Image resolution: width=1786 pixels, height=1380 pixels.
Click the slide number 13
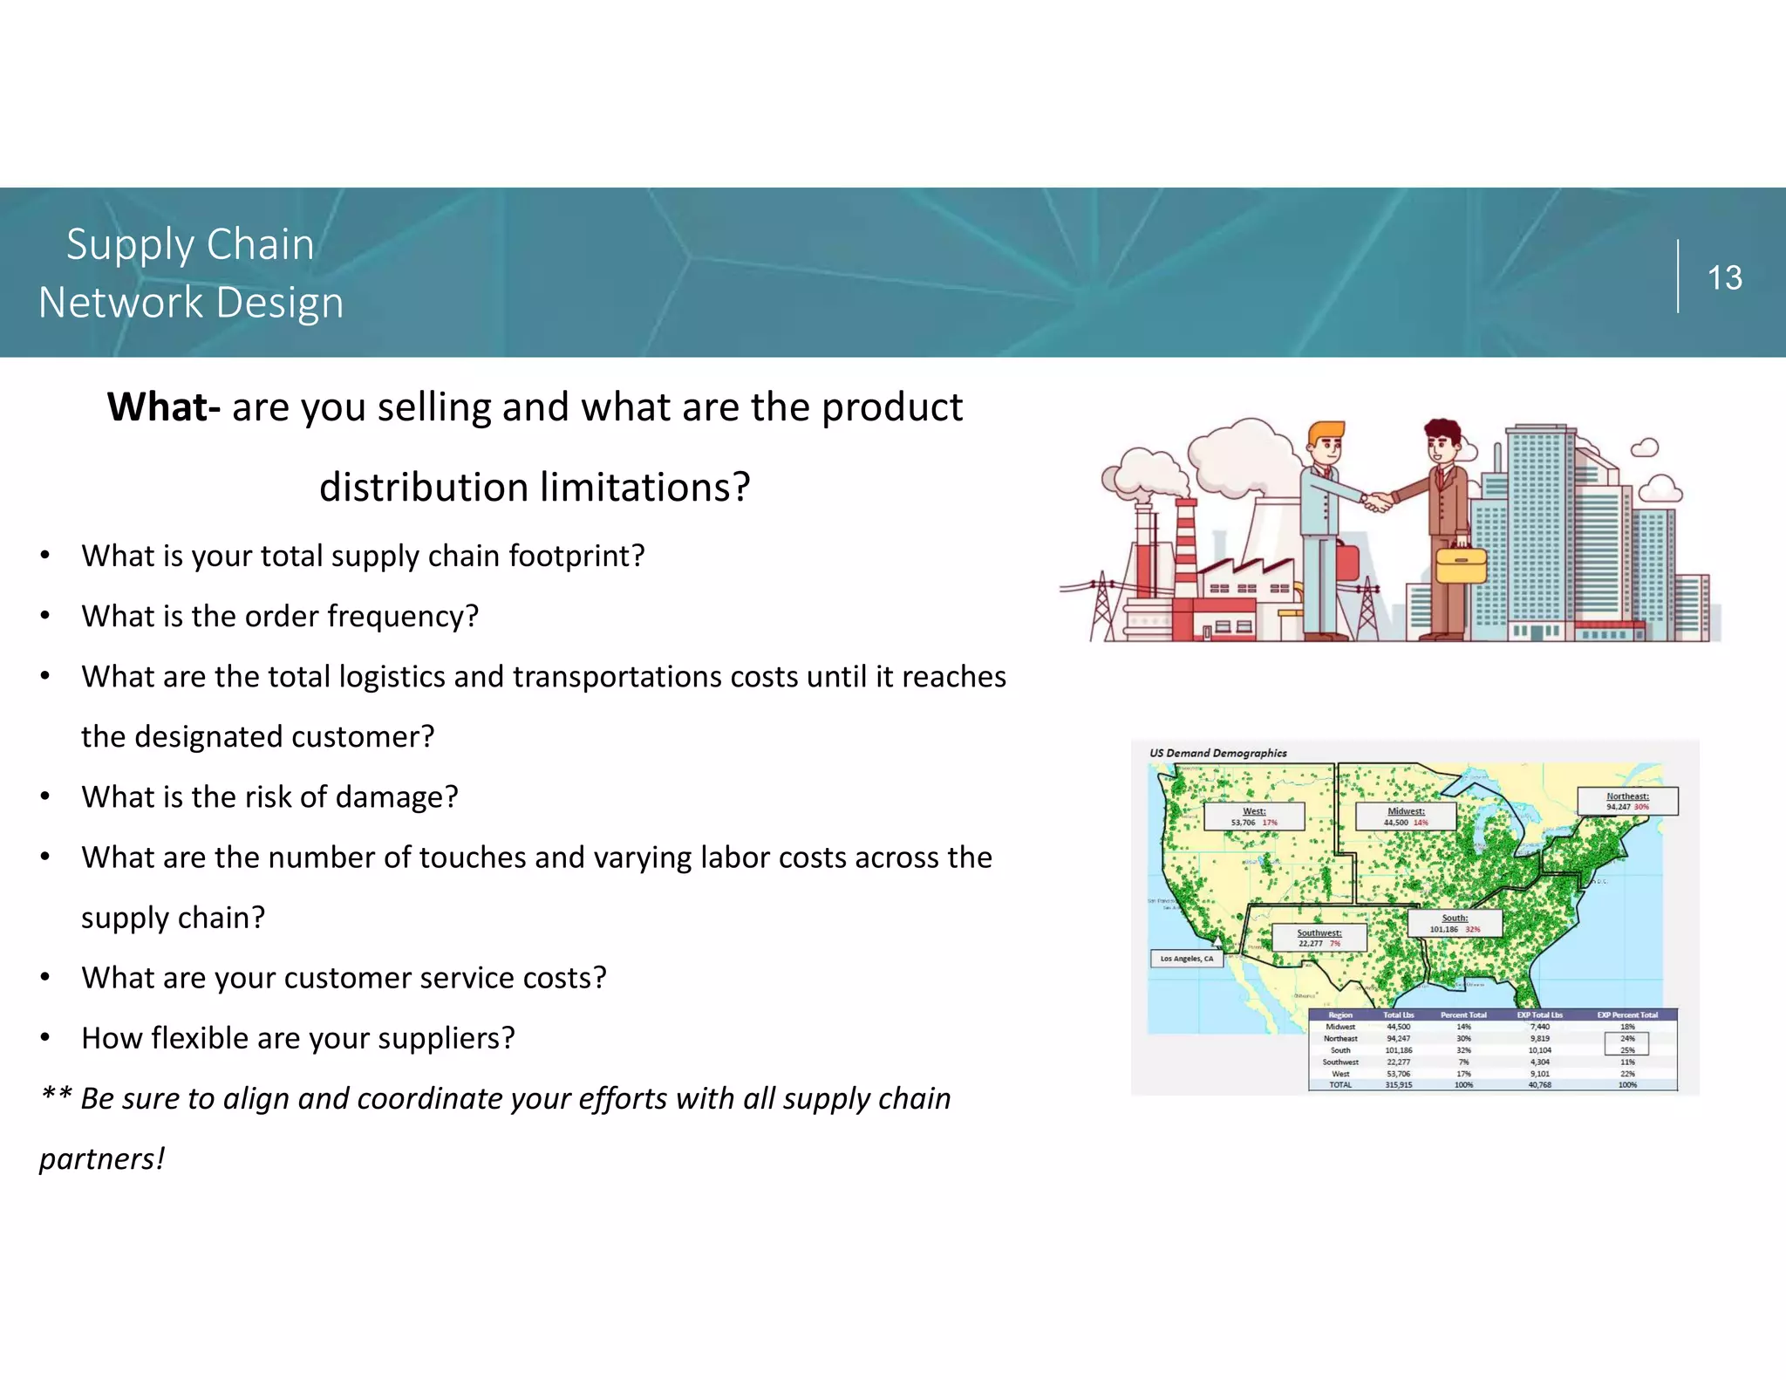click(x=1724, y=278)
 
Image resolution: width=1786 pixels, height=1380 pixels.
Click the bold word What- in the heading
click(x=163, y=407)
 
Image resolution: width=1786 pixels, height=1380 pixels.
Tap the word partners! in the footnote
click(x=102, y=1158)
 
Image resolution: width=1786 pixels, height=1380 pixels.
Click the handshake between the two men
click(x=1378, y=502)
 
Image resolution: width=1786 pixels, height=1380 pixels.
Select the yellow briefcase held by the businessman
click(x=1461, y=564)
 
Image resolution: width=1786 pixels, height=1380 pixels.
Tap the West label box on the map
click(x=1254, y=816)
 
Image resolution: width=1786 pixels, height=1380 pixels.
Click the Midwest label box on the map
click(x=1406, y=816)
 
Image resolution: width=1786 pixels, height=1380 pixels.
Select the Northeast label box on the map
click(x=1627, y=801)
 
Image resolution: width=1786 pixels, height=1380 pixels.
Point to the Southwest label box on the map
click(x=1319, y=938)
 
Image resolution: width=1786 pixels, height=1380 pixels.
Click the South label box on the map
click(x=1455, y=923)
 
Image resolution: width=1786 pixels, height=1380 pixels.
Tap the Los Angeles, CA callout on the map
click(x=1186, y=959)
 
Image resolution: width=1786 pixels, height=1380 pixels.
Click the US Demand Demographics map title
click(x=1217, y=753)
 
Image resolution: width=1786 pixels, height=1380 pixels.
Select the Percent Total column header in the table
click(x=1463, y=1015)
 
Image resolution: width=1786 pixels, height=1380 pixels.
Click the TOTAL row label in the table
click(x=1340, y=1085)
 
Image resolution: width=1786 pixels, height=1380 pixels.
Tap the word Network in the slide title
click(x=120, y=303)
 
